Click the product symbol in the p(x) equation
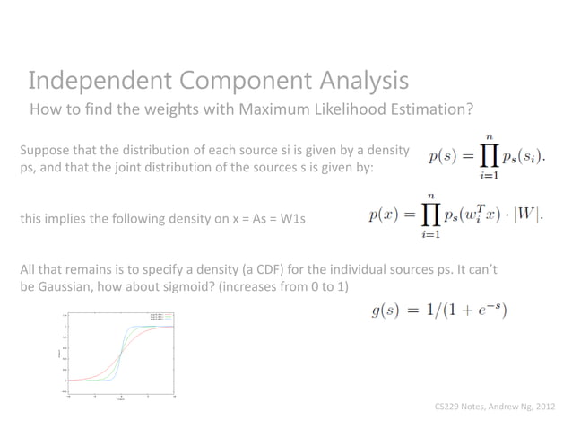(431, 216)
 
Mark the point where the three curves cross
(121, 353)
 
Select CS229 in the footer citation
(446, 406)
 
